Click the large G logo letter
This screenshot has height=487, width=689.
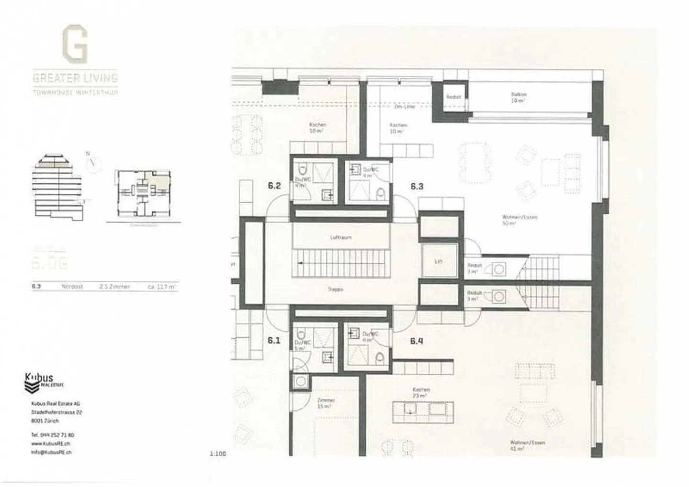[75, 44]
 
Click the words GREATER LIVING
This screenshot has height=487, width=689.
[75, 77]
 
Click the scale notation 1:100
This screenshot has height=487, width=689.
[217, 454]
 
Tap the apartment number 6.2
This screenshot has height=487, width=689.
[274, 186]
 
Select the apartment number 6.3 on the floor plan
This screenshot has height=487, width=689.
[417, 186]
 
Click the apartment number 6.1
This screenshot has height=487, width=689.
[273, 341]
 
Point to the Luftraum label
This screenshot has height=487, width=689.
[341, 237]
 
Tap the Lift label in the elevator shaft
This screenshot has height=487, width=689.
[438, 261]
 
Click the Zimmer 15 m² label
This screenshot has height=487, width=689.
[325, 403]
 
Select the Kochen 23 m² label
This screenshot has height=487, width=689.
[421, 393]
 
